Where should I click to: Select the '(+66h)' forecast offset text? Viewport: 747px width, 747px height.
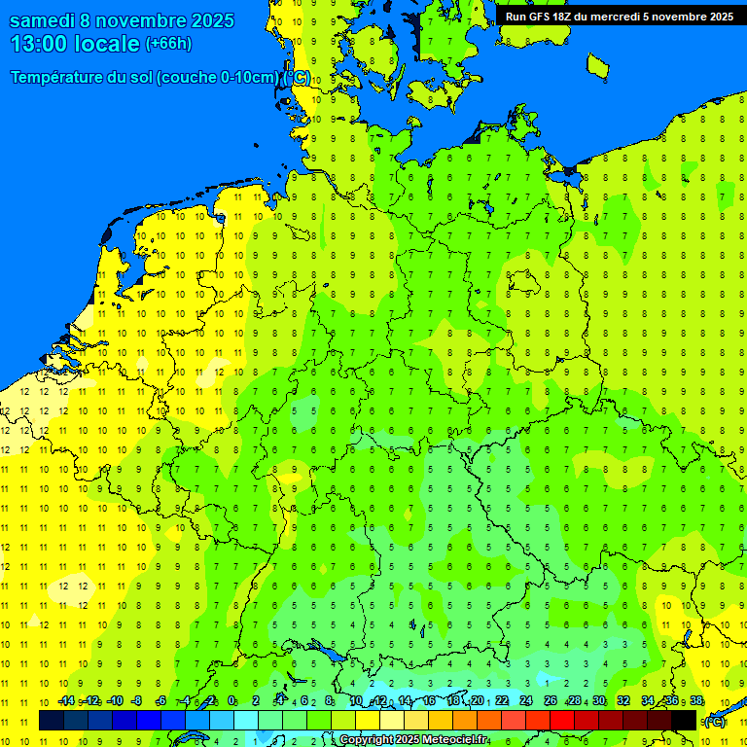(x=168, y=44)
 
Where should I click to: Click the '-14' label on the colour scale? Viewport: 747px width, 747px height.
(x=66, y=700)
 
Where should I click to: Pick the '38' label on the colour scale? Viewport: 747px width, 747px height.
(x=696, y=700)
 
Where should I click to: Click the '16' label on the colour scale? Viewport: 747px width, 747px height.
(x=429, y=700)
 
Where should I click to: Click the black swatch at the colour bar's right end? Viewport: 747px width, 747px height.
(x=684, y=720)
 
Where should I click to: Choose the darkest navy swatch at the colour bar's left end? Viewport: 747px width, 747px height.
(x=51, y=720)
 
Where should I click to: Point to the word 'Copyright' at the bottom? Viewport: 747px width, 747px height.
(x=366, y=740)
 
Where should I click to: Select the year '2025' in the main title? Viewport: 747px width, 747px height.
(x=207, y=20)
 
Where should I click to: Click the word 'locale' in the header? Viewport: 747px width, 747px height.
(x=109, y=44)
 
